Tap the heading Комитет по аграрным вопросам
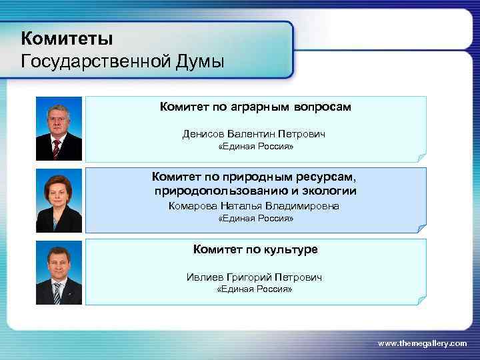[x=255, y=107]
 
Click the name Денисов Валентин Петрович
[x=254, y=134]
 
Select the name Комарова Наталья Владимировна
[x=254, y=206]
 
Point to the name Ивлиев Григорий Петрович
[x=254, y=277]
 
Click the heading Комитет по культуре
[x=255, y=249]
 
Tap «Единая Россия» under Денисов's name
[x=256, y=147]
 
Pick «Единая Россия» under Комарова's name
[x=256, y=219]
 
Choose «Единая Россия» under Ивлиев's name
[x=256, y=289]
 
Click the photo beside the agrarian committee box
[x=59, y=129]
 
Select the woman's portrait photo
[x=59, y=200]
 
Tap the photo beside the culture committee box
[x=59, y=272]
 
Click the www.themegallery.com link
[x=422, y=343]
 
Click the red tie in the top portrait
[x=57, y=147]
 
